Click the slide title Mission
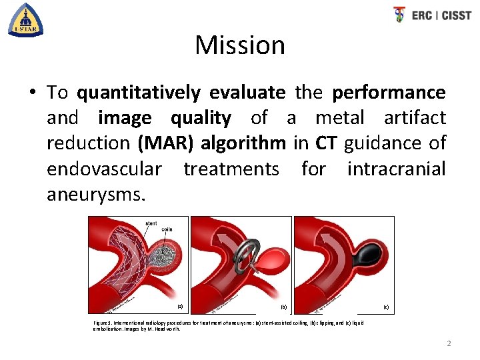[x=240, y=45]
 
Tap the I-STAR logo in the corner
[x=25, y=19]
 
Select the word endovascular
[x=103, y=169]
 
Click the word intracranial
[x=396, y=169]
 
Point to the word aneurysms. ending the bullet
[x=95, y=195]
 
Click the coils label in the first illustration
[x=167, y=231]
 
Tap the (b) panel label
[x=283, y=307]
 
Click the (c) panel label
[x=386, y=307]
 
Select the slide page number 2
[x=449, y=343]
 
